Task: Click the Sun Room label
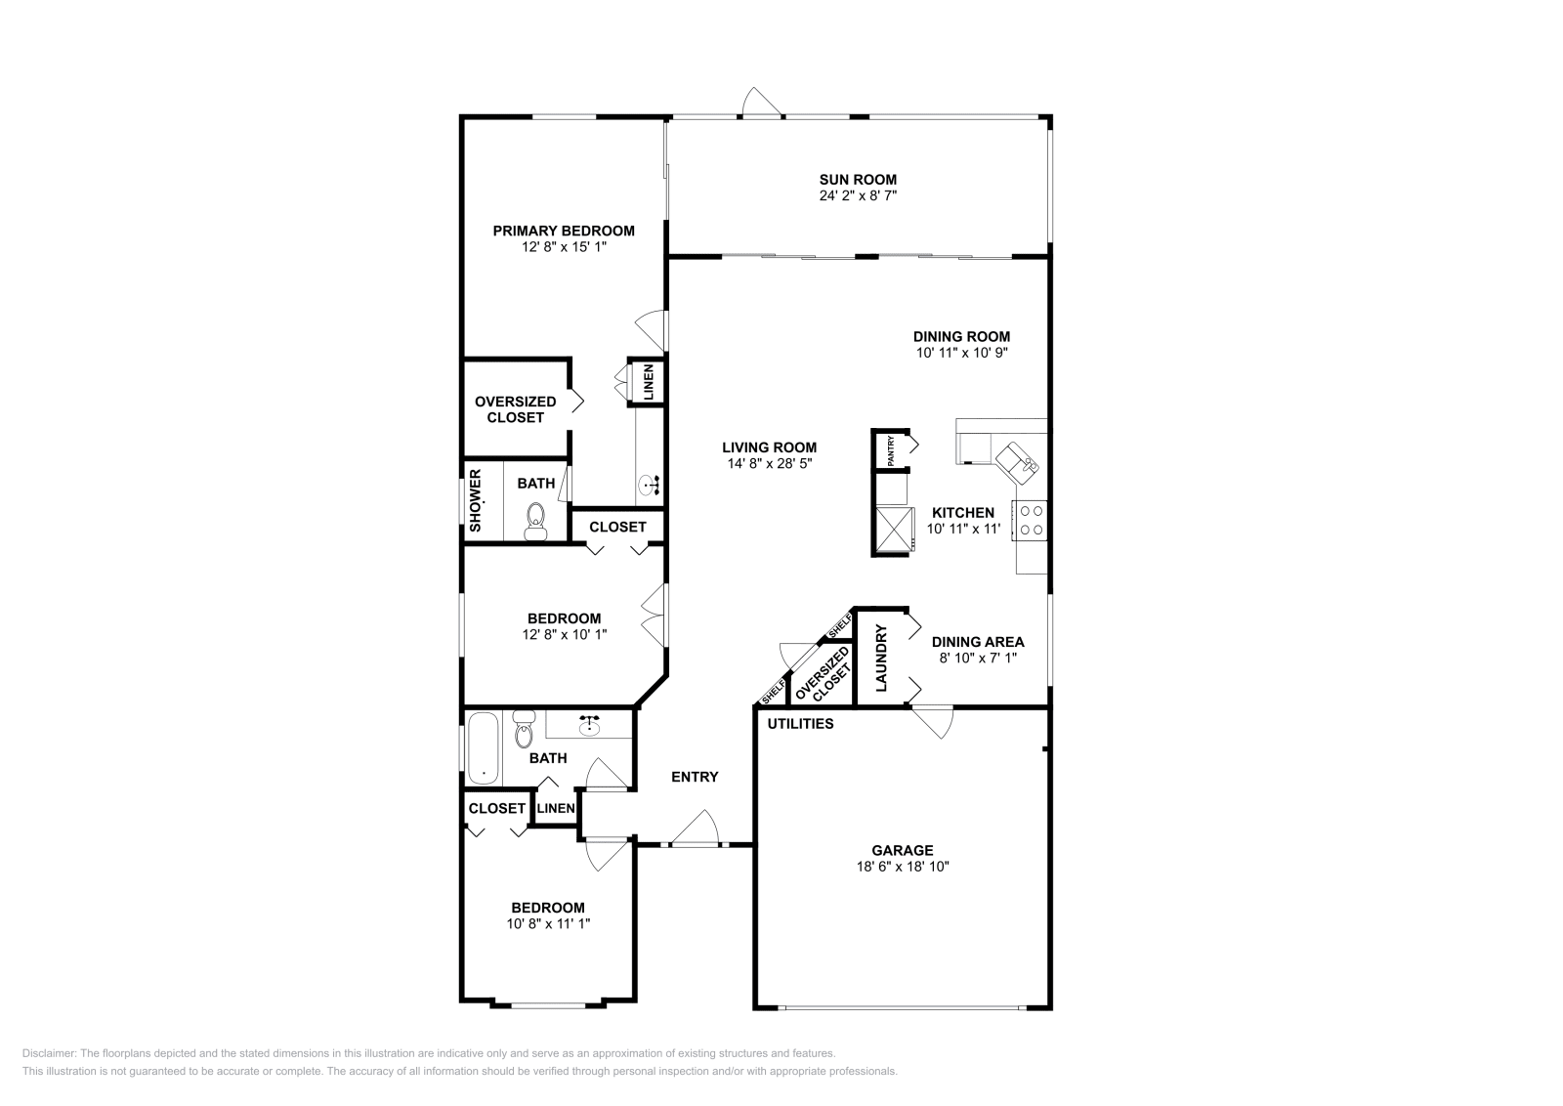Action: tap(857, 179)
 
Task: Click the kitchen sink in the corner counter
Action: tap(1018, 460)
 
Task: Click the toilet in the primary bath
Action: tap(535, 522)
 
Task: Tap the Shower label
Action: tap(476, 500)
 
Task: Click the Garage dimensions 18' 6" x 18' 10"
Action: tap(903, 866)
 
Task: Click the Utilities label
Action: tap(800, 724)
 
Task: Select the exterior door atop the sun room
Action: tap(761, 103)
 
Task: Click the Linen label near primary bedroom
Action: tap(648, 381)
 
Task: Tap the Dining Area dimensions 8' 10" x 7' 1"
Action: tap(977, 658)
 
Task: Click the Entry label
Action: tap(695, 777)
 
